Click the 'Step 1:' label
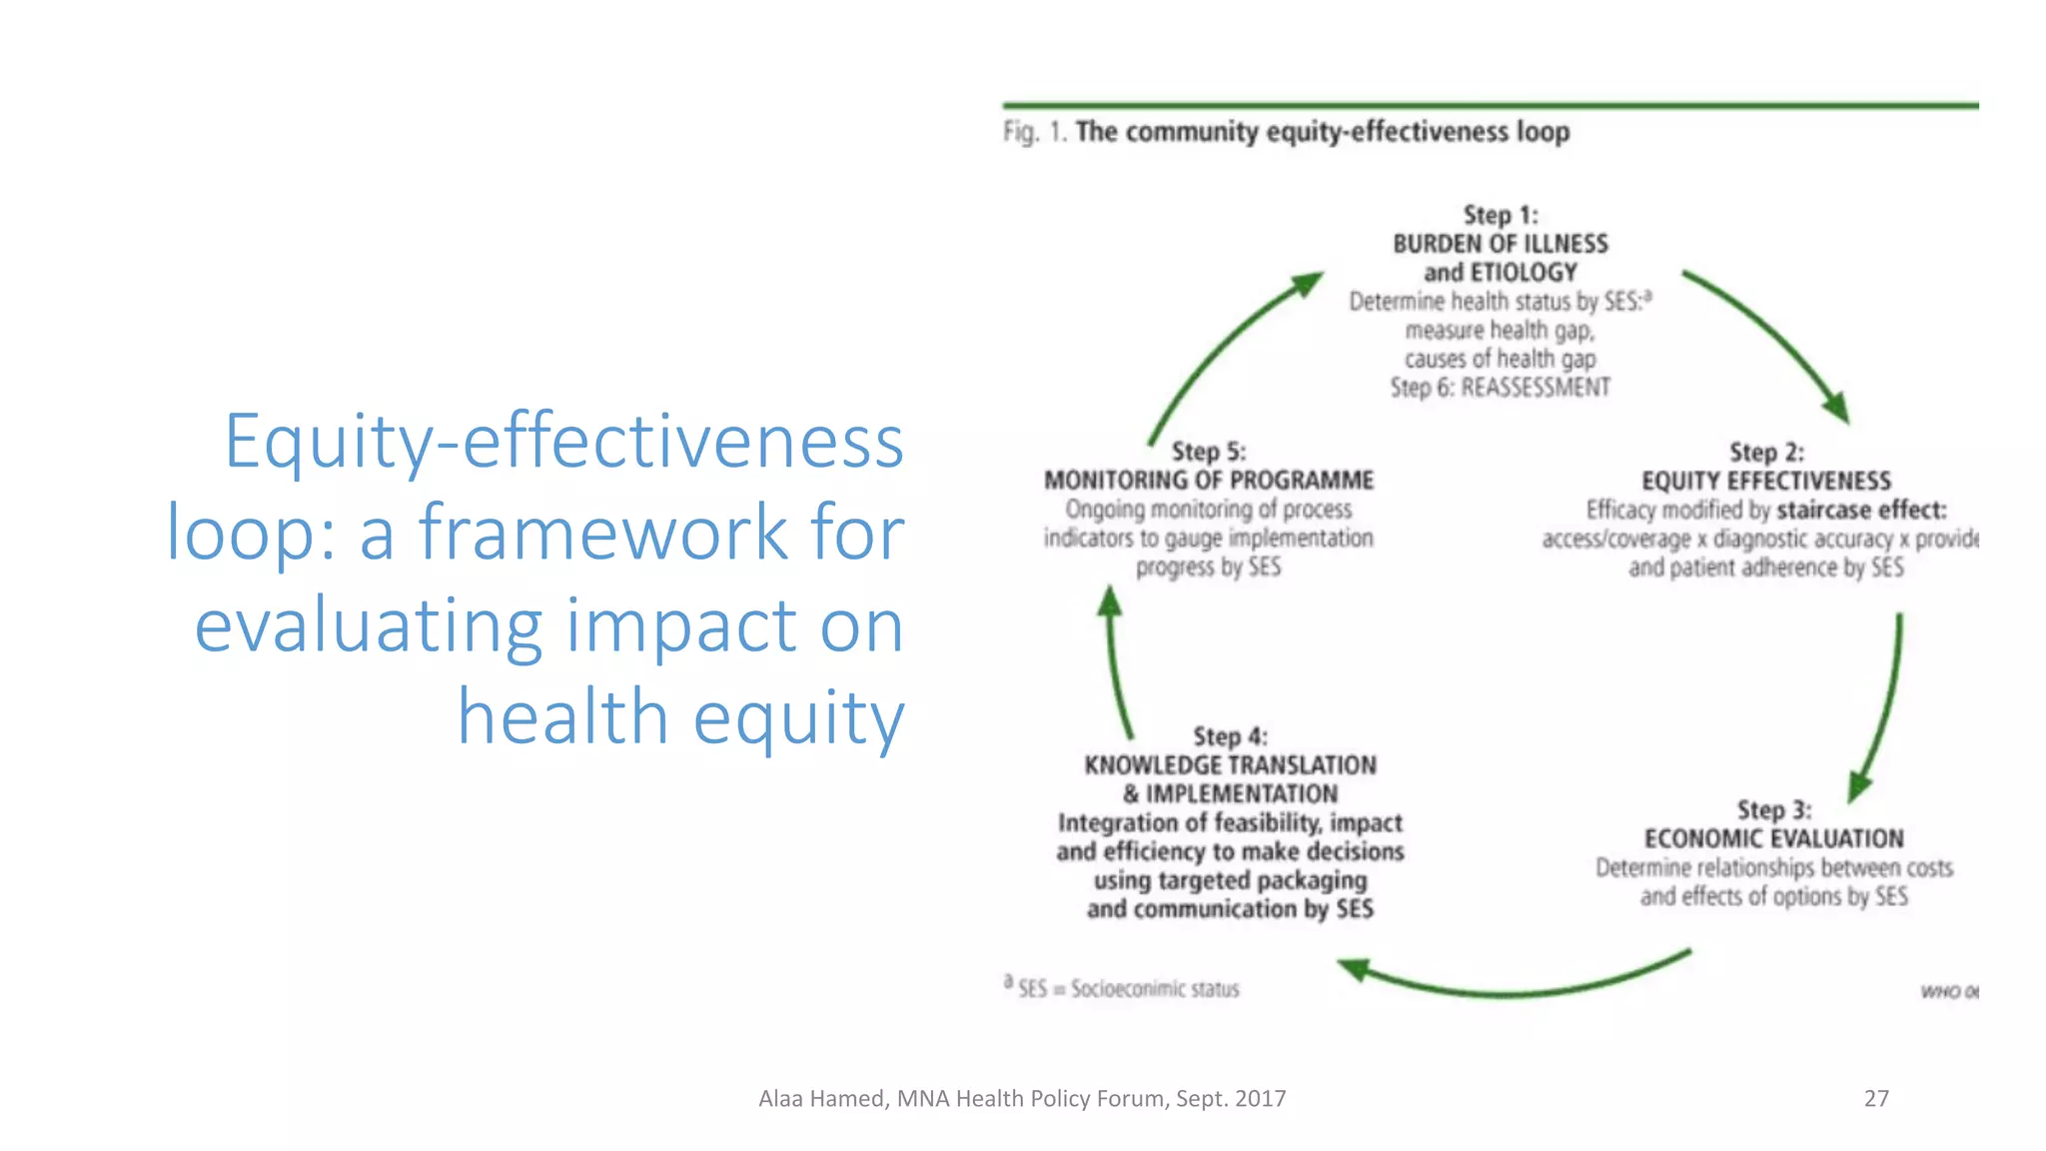click(1500, 215)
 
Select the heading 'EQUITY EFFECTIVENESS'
click(1765, 481)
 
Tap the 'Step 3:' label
click(1773, 809)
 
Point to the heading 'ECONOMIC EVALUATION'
click(1773, 838)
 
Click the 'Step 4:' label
click(1230, 736)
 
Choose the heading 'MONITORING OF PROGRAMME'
click(1208, 480)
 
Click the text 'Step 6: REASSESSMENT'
click(1500, 388)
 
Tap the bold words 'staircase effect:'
click(1860, 510)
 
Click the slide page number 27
click(1876, 1098)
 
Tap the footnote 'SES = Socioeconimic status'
click(1128, 988)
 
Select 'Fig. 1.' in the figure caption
click(1035, 132)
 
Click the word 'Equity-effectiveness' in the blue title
click(563, 441)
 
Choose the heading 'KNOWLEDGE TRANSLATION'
click(1230, 765)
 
